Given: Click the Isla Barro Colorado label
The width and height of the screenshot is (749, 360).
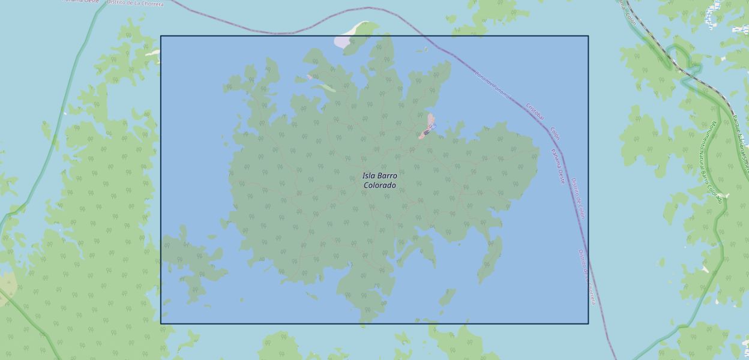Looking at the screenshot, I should (x=379, y=181).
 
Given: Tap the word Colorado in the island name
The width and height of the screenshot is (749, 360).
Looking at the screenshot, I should (x=379, y=185).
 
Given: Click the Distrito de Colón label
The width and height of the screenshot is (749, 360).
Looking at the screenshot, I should (x=577, y=198).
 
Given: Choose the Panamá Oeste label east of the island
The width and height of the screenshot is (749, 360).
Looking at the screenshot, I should (x=558, y=166).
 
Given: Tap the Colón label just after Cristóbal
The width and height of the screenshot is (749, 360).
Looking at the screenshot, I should (x=555, y=133).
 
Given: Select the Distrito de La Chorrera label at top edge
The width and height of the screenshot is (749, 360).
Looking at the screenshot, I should (x=135, y=3).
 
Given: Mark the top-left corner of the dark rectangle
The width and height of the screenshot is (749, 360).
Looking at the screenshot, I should (x=161, y=36).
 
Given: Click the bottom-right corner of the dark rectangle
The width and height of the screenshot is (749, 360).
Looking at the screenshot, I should (x=588, y=323).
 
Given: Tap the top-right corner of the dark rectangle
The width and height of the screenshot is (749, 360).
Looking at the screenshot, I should (x=588, y=36).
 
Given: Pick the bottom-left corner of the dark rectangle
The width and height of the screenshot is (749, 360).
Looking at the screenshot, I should (x=161, y=323).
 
